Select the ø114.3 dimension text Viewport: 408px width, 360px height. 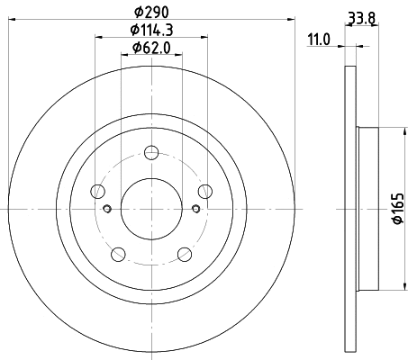(150, 31)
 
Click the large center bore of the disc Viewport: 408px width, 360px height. (150, 208)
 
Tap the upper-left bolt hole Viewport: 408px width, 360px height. (97, 190)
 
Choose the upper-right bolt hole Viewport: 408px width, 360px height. (204, 190)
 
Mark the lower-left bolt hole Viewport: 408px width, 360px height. (117, 254)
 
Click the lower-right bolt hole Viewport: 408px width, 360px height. (184, 254)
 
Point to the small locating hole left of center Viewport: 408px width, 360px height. (106, 210)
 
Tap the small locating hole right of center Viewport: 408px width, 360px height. (195, 210)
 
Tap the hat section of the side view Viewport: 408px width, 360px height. (365, 209)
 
